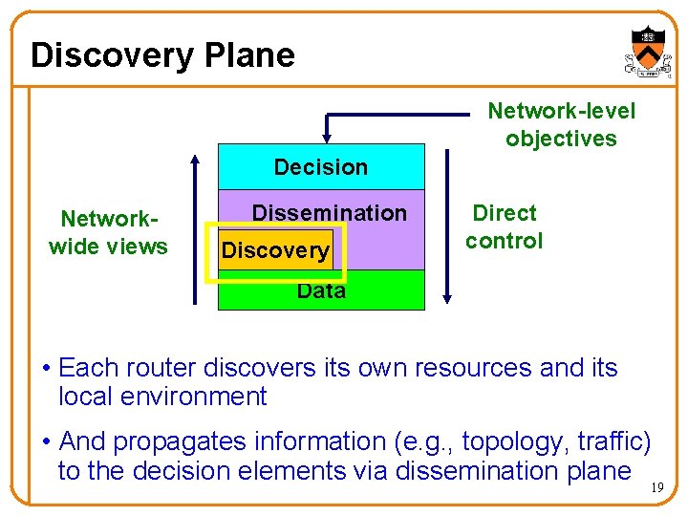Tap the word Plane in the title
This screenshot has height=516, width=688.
(x=250, y=54)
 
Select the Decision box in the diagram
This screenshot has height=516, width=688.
(x=321, y=167)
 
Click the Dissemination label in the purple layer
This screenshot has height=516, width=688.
(x=329, y=213)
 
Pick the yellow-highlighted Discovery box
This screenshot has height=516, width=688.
(x=275, y=251)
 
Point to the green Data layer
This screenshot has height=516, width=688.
(x=321, y=291)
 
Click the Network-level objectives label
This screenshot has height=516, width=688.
(x=561, y=124)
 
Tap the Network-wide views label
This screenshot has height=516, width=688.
(x=108, y=232)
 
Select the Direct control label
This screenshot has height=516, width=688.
(x=504, y=226)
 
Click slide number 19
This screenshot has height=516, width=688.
(x=656, y=487)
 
